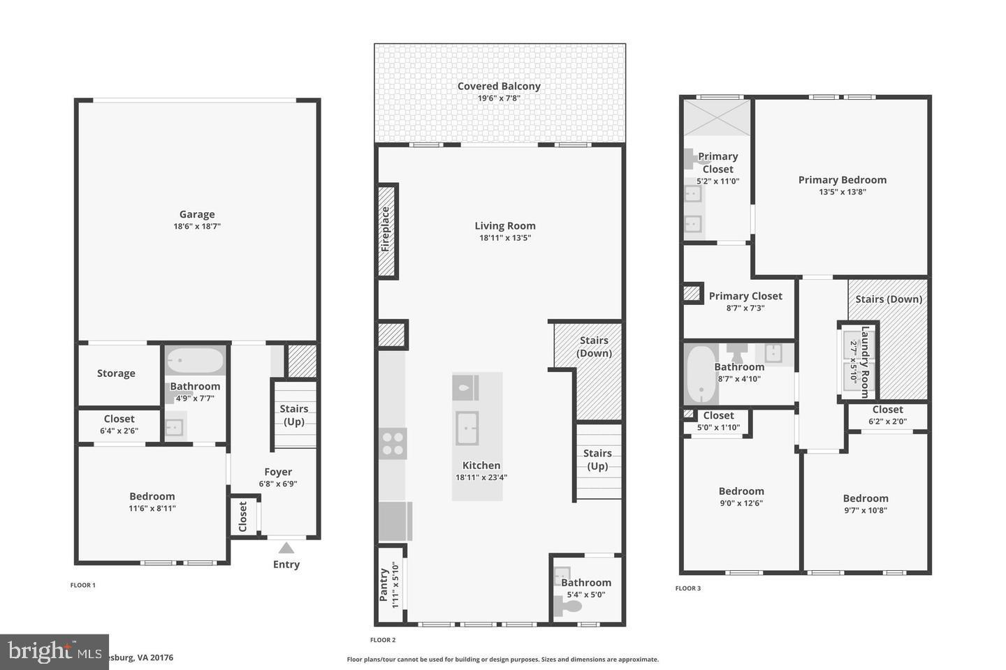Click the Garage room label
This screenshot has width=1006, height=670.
[197, 214]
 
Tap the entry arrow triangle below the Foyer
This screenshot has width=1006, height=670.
[286, 548]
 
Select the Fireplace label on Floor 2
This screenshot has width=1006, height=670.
[386, 230]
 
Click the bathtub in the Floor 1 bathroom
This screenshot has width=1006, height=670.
[196, 361]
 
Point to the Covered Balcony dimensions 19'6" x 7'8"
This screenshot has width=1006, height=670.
[499, 98]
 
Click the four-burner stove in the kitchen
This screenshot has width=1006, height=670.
[393, 444]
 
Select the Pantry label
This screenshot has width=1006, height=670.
[384, 585]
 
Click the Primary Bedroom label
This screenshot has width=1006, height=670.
[842, 179]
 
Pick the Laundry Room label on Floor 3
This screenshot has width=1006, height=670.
[865, 362]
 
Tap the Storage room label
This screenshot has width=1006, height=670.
[116, 373]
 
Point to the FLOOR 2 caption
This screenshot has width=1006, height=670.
[383, 640]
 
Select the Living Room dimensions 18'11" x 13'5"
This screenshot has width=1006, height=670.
[505, 238]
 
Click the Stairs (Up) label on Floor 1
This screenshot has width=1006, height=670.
[294, 415]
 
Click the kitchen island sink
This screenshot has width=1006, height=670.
[467, 427]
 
